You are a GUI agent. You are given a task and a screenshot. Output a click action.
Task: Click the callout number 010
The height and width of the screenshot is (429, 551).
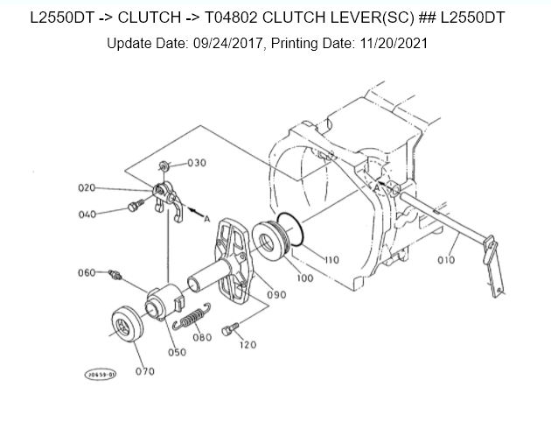(x=446, y=260)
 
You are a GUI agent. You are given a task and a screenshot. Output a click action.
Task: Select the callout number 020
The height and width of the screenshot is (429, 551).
(x=87, y=187)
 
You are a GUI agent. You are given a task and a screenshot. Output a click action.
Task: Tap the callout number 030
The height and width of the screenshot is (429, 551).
(x=197, y=164)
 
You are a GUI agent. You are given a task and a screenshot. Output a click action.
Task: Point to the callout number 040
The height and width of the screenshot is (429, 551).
(x=87, y=214)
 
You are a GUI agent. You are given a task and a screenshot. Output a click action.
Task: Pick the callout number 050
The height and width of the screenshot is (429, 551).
(x=177, y=352)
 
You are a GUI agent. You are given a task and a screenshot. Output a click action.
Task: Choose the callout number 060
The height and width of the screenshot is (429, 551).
(x=86, y=272)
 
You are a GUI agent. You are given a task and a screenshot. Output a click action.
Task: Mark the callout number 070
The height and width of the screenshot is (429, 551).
(x=145, y=371)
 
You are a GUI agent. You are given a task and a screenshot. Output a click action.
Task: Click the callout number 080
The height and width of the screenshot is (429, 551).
(x=202, y=337)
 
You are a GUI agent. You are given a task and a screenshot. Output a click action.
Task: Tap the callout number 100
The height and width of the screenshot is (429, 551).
(x=304, y=278)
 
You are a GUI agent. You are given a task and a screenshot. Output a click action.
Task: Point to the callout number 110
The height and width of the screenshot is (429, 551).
(x=331, y=260)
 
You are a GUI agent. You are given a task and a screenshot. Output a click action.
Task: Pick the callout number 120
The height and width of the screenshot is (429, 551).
(x=248, y=345)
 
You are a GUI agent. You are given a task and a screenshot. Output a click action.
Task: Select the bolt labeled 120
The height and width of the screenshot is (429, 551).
(x=229, y=330)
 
